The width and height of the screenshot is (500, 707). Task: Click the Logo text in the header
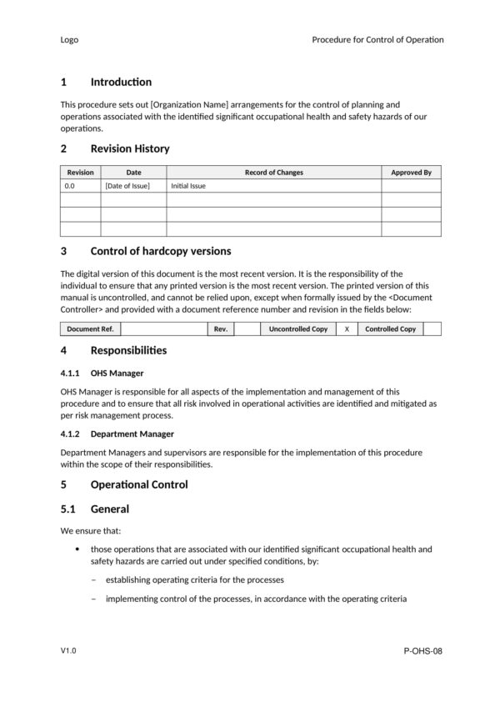(x=69, y=39)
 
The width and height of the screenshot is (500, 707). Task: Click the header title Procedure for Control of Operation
(x=377, y=39)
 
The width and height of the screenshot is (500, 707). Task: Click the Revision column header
(x=81, y=173)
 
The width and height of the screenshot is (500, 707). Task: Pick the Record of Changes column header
(x=273, y=173)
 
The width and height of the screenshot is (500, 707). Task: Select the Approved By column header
(x=411, y=173)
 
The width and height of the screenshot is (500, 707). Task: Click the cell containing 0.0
(x=70, y=186)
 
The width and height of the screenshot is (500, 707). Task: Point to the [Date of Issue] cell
(x=127, y=186)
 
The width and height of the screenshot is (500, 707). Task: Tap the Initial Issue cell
(x=188, y=186)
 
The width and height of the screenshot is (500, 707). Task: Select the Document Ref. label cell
(x=90, y=329)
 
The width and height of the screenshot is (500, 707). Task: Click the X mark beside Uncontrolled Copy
(x=347, y=329)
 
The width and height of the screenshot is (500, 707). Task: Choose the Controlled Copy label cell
(x=390, y=329)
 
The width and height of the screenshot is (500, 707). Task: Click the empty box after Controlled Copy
(x=432, y=329)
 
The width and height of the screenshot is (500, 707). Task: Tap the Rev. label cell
(x=221, y=329)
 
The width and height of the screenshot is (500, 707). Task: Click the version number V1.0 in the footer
(x=69, y=650)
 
